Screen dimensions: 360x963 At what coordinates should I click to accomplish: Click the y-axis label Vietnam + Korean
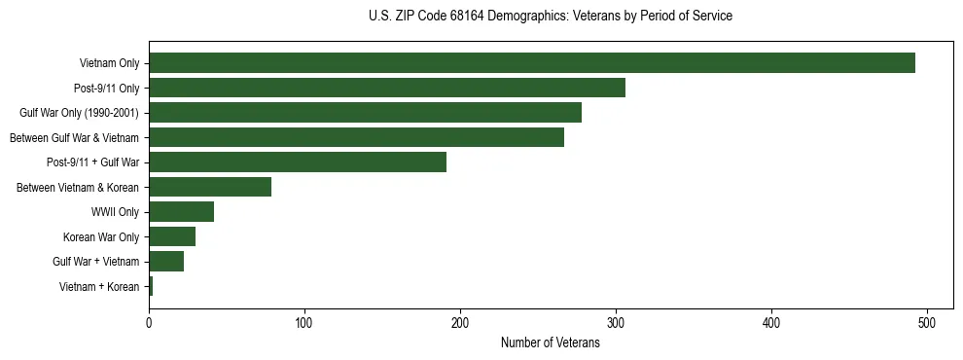pyautogui.click(x=99, y=286)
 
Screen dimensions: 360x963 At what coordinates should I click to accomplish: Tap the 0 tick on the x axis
pyautogui.click(x=149, y=322)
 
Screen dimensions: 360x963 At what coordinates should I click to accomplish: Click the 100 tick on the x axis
pyautogui.click(x=304, y=322)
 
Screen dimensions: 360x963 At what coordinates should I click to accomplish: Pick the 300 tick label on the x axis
pyautogui.click(x=616, y=322)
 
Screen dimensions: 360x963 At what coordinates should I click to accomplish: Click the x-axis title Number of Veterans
pyautogui.click(x=550, y=342)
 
